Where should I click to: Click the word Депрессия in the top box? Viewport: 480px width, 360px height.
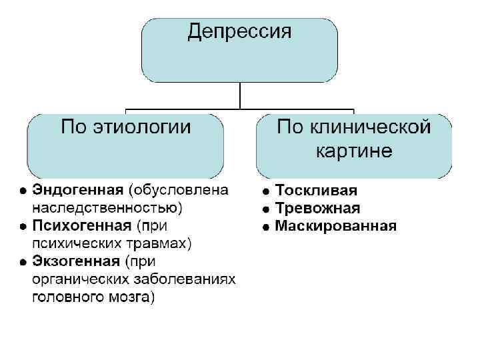point(239,32)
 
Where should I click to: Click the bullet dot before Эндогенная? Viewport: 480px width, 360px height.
point(23,190)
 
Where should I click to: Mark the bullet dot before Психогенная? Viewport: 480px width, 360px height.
point(23,226)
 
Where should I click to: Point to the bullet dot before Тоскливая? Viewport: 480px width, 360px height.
point(266,191)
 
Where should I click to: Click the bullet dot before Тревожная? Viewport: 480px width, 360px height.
point(266,209)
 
